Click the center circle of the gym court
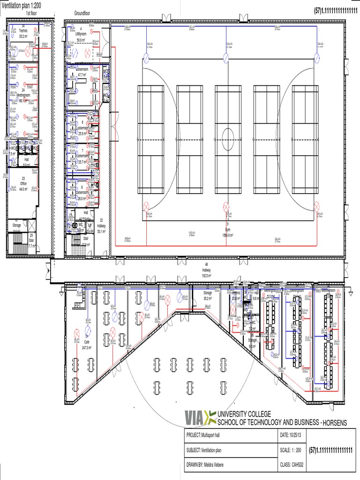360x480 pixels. (x=228, y=139)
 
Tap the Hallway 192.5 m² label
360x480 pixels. (x=206, y=273)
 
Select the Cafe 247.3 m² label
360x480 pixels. (x=86, y=345)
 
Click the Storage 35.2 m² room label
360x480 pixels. (x=208, y=295)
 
